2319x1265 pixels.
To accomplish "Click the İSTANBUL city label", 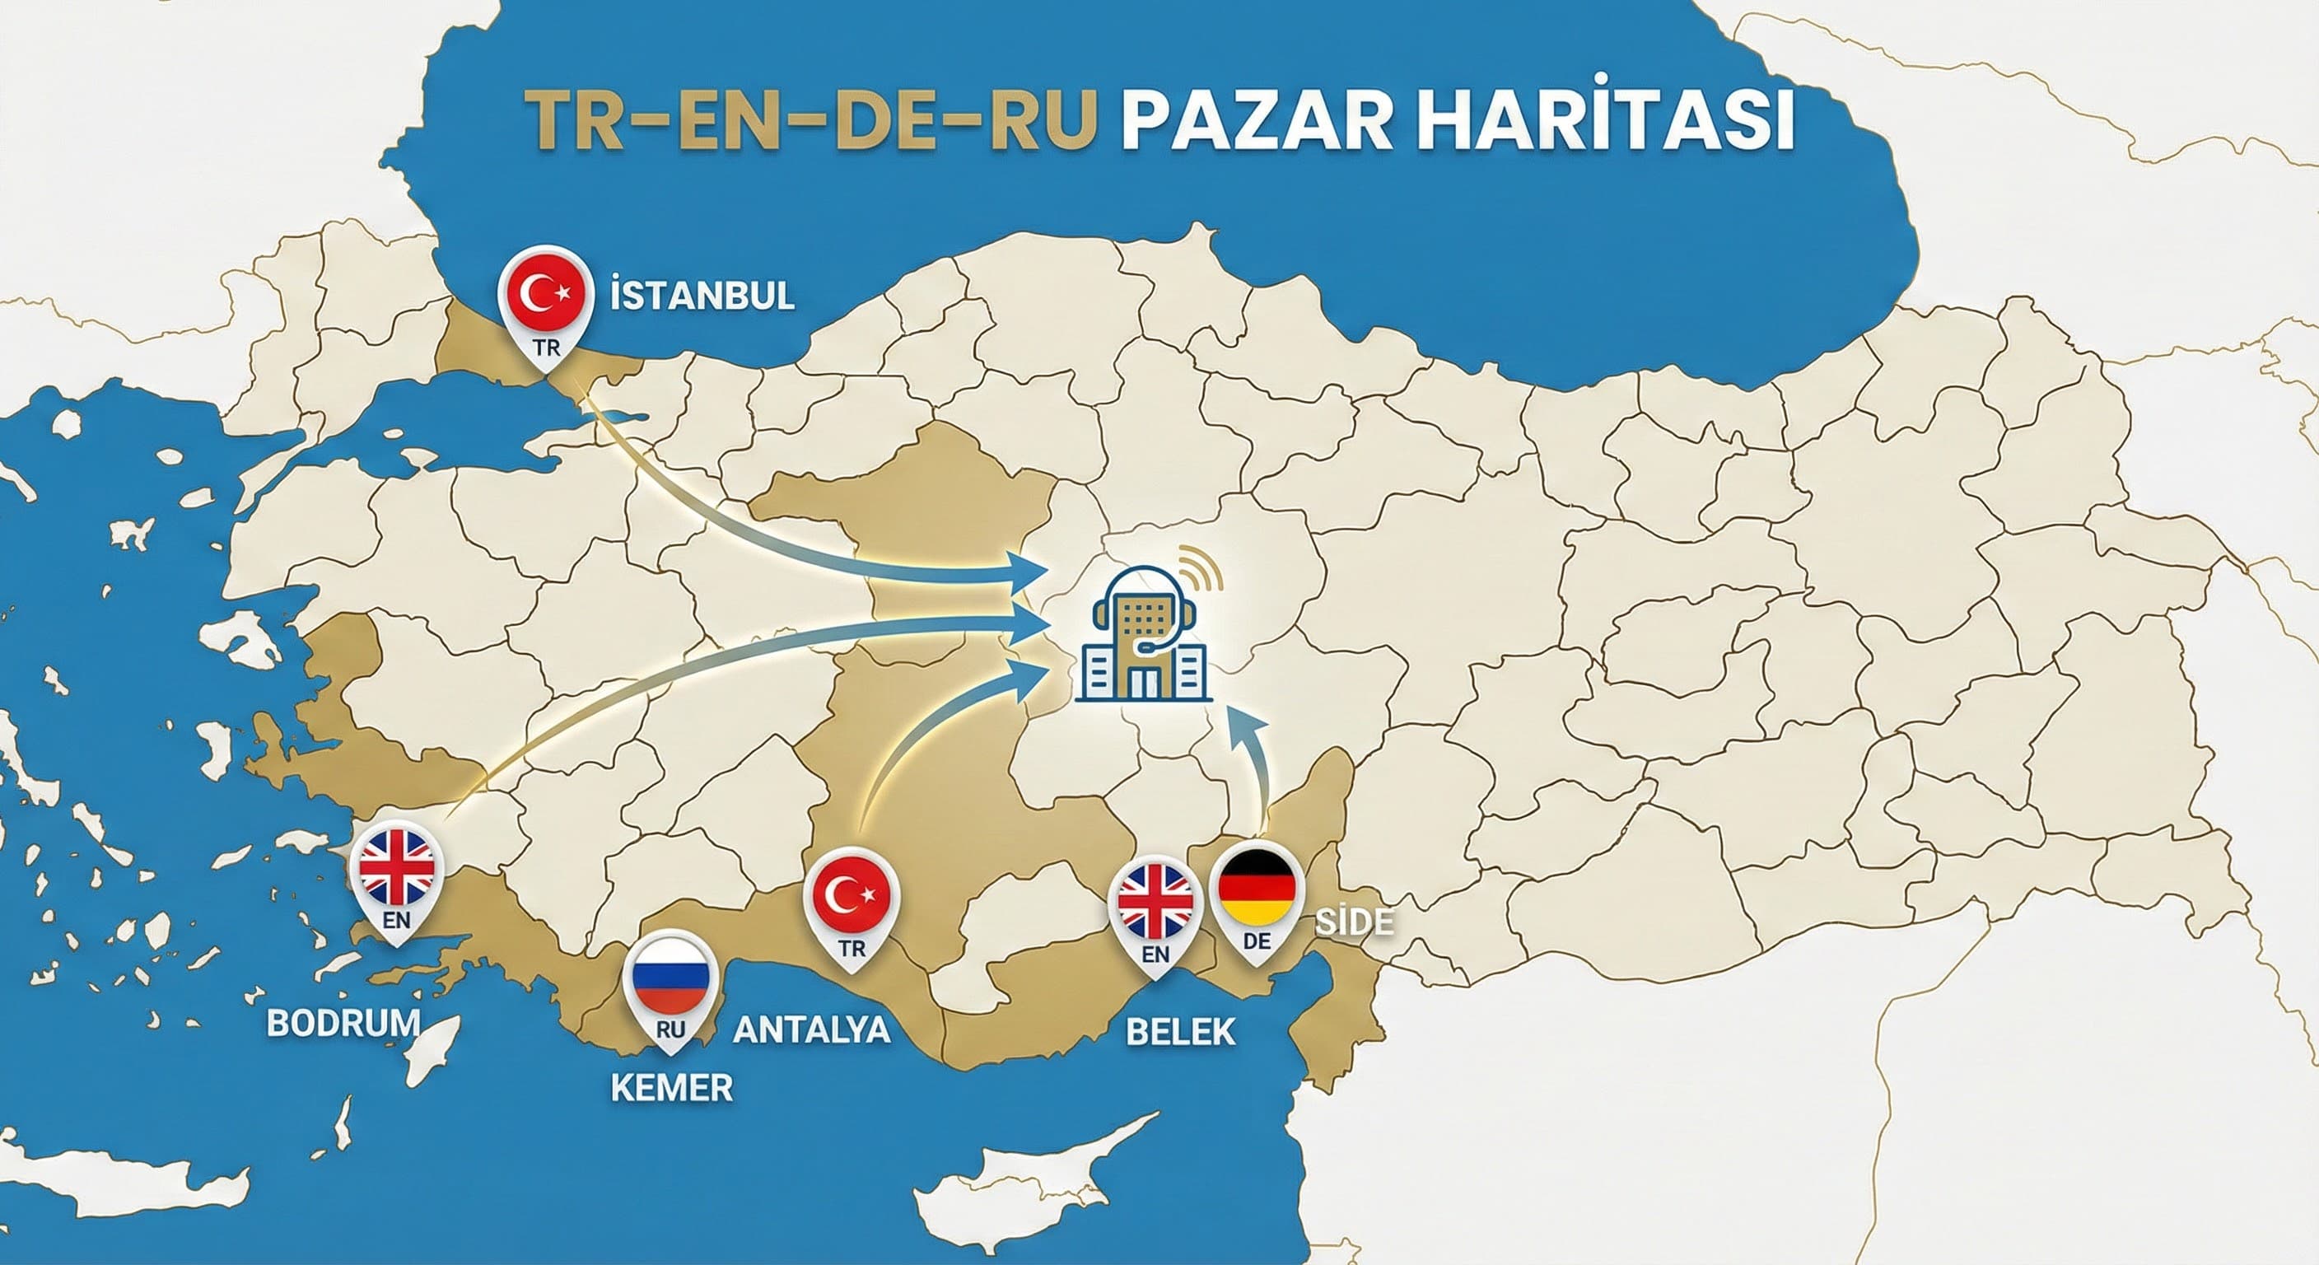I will (702, 296).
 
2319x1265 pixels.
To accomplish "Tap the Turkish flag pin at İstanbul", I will (545, 293).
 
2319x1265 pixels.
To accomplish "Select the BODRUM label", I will (344, 1022).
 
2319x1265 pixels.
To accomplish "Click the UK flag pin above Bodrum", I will (397, 868).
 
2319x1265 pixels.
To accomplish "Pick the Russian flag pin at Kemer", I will (670, 977).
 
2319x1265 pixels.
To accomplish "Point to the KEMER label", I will (672, 1088).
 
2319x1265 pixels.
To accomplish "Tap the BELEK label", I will (1180, 1032).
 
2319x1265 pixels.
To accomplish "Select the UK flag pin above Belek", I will (1156, 901).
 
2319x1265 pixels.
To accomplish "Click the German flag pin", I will (1257, 888).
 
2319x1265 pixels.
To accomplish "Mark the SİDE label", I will (1355, 921).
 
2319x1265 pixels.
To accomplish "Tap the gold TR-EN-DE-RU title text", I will (810, 122).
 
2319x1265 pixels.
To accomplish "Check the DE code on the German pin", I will (1257, 941).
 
